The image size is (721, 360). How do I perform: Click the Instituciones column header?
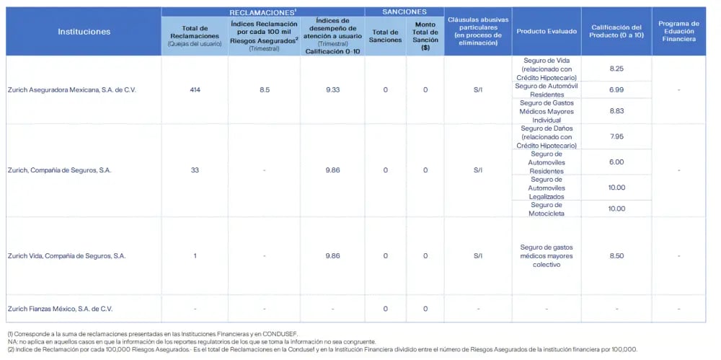point(84,32)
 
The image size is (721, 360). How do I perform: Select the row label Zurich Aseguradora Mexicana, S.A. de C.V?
point(72,89)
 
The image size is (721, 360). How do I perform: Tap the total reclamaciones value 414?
point(195,89)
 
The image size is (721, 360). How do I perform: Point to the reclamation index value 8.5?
point(264,89)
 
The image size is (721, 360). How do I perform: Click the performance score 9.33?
point(332,89)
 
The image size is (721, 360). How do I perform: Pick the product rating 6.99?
point(616,89)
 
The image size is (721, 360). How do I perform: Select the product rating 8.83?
point(616,111)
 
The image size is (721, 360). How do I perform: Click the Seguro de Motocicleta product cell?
point(547,209)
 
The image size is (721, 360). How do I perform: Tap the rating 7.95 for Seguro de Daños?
point(616,137)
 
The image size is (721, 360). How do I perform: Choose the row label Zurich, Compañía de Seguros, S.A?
point(60,170)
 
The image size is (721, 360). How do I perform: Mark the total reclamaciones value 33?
point(195,170)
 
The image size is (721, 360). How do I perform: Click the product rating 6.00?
point(616,162)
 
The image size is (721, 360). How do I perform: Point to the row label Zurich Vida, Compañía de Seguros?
point(66,256)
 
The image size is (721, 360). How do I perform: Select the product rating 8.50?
point(616,256)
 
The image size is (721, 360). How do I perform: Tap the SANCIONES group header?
point(404,12)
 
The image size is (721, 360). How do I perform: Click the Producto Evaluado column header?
point(547,31)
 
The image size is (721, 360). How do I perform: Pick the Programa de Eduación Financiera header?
point(678,31)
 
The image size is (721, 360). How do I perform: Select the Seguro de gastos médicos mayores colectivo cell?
point(547,256)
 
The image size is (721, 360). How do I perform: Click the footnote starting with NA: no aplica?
point(192,341)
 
